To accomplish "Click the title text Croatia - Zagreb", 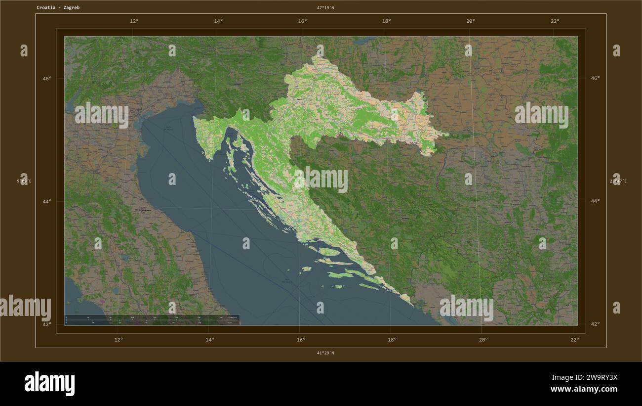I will pos(58,7).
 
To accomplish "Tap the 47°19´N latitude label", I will pos(325,7).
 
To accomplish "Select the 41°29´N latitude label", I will pos(325,353).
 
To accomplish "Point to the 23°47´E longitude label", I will pos(618,181).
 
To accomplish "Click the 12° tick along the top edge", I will pos(134,21).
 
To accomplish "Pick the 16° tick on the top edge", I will pos(302,21).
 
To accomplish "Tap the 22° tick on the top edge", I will pos(555,21).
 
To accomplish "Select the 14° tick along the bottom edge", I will pos(209,340).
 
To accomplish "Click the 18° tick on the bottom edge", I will pos(392,340).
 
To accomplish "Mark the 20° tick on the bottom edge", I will pos(483,340).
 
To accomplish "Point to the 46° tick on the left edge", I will pos(46,78).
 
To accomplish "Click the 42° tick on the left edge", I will pos(46,324).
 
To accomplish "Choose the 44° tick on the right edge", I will pos(595,201).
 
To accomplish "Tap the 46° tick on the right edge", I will pos(595,78).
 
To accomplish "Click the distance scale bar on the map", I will pos(152,320).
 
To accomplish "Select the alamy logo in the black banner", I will pos(49,384).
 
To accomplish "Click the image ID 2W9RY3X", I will pos(591,377).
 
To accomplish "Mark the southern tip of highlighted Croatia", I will pos(411,304).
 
